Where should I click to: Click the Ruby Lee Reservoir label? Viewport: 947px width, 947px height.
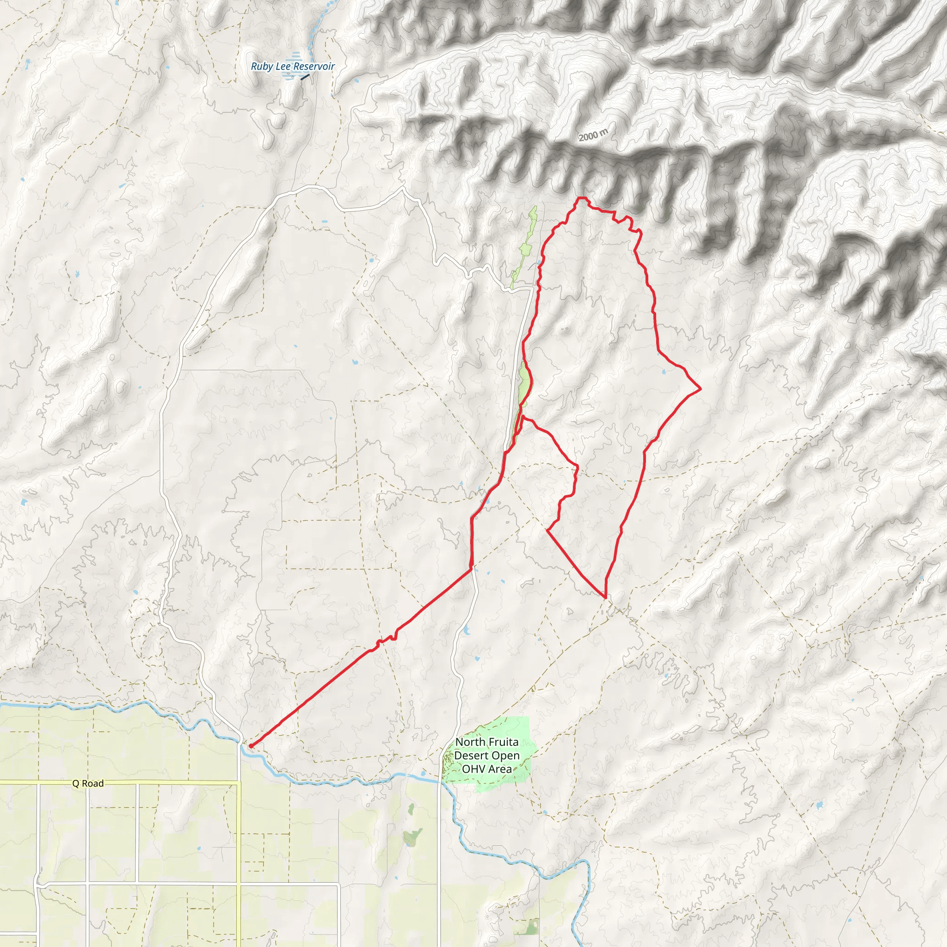click(x=293, y=66)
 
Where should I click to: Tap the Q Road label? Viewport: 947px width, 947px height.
click(x=88, y=783)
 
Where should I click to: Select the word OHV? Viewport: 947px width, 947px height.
click(x=473, y=769)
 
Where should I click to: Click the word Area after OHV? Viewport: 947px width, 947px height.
click(x=499, y=769)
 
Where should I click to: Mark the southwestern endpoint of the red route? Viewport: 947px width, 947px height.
click(x=251, y=746)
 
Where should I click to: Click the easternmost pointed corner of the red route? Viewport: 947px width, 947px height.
click(x=701, y=388)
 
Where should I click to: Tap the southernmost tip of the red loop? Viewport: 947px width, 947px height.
click(x=606, y=597)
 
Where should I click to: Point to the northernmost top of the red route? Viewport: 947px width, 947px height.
click(x=581, y=197)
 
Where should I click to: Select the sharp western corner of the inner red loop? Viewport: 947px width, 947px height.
click(x=547, y=530)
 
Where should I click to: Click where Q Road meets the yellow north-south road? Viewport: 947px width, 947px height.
click(x=239, y=783)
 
